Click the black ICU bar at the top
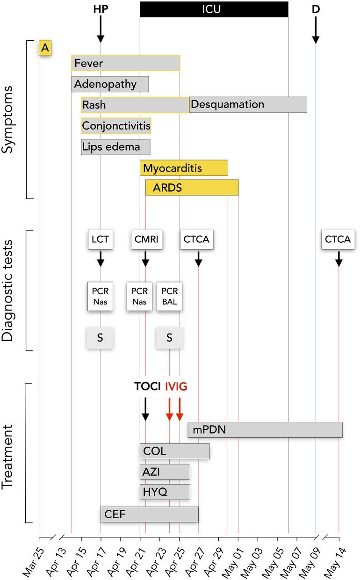click(214, 9)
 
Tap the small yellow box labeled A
click(45, 48)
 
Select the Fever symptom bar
click(125, 63)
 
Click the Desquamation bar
click(248, 105)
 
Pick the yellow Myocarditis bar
click(184, 168)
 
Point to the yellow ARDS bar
click(192, 188)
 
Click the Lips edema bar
click(115, 147)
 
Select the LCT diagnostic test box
click(100, 240)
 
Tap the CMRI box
click(145, 240)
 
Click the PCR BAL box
click(169, 297)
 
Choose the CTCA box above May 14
click(338, 240)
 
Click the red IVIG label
click(176, 387)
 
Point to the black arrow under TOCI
click(145, 409)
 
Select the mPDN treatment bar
click(265, 430)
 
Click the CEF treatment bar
click(149, 515)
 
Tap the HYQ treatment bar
click(165, 492)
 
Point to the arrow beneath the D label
click(316, 30)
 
